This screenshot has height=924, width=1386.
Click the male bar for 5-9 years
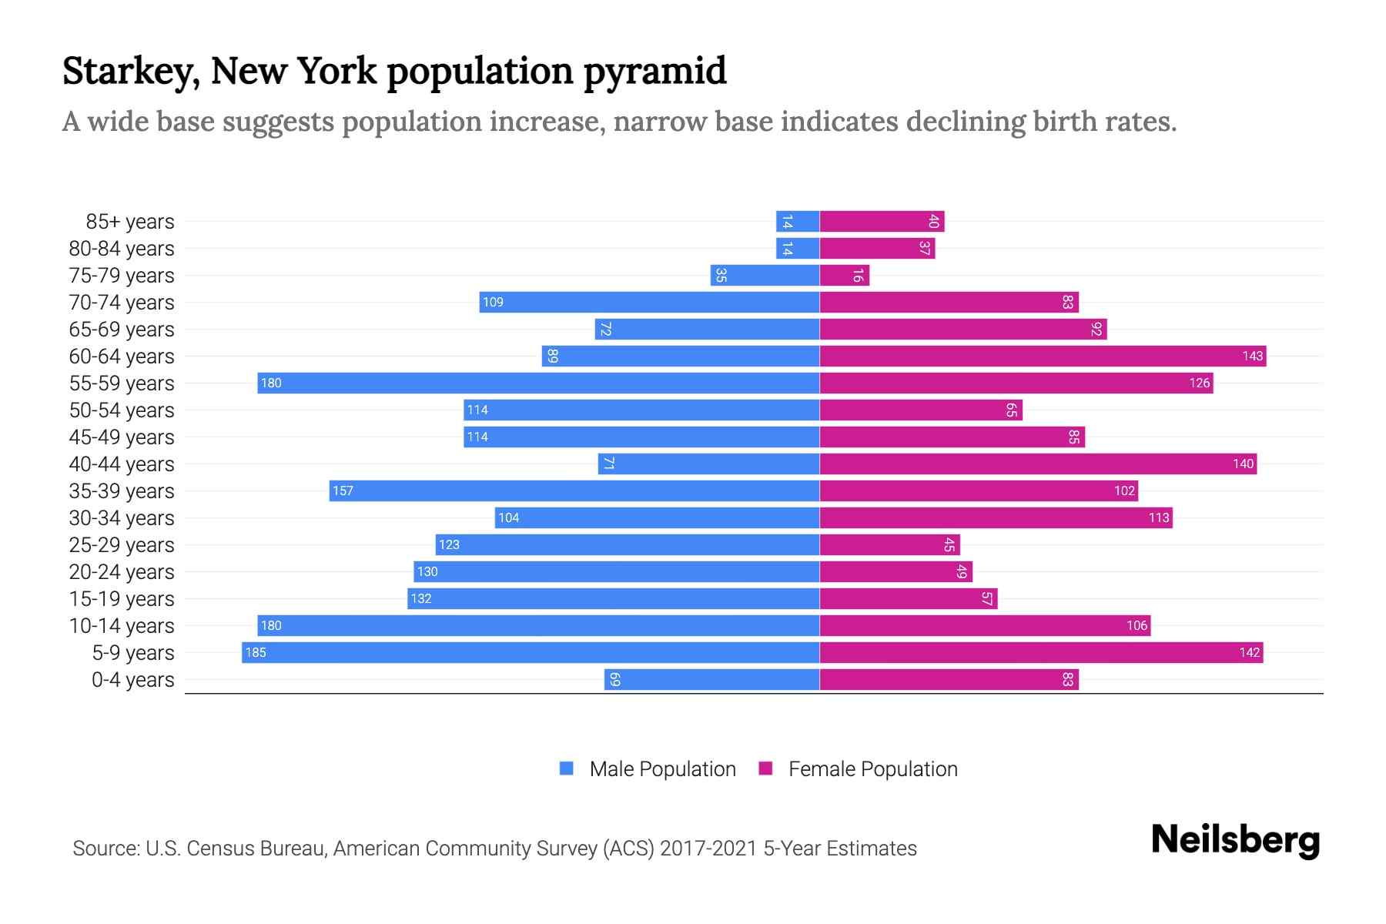[531, 653]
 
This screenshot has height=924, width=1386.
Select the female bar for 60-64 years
[1043, 357]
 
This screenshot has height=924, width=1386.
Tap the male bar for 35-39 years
[574, 491]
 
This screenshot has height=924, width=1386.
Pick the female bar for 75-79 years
[844, 276]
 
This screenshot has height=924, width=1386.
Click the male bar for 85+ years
[798, 222]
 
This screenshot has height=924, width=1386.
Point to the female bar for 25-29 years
[889, 545]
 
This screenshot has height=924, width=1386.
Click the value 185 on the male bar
[255, 653]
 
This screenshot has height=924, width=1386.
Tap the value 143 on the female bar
[1252, 357]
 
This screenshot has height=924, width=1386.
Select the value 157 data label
[343, 491]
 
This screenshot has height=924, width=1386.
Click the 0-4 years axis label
[132, 680]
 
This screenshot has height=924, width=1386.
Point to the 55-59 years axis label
[122, 383]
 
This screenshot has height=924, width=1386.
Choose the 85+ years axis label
[130, 222]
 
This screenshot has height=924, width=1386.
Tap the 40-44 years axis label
[122, 464]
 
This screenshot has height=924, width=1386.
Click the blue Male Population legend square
[567, 768]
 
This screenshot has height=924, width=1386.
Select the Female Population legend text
[872, 769]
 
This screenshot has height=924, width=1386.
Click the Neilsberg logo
[1235, 840]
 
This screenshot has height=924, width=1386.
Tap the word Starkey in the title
[131, 72]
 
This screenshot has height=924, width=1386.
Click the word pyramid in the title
[654, 72]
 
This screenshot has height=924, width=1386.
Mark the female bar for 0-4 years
[949, 680]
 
